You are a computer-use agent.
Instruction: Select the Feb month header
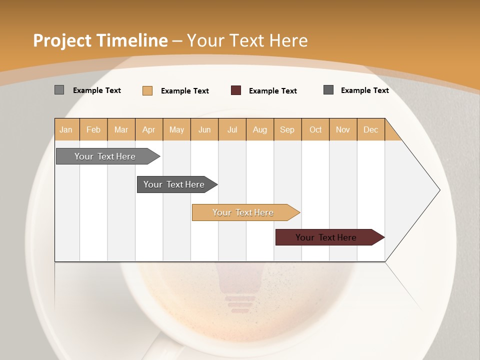click(93, 129)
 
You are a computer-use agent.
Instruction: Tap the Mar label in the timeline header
click(121, 129)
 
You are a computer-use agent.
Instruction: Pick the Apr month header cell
click(149, 129)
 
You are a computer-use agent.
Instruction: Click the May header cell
click(176, 129)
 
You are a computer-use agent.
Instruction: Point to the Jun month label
click(204, 129)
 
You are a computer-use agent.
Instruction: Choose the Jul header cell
click(232, 129)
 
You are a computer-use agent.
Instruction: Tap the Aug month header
click(260, 129)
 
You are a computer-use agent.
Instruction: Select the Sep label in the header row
click(287, 129)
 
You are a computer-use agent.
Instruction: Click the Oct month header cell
click(315, 129)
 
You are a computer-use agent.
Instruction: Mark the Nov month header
click(343, 129)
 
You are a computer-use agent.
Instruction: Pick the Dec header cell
click(371, 129)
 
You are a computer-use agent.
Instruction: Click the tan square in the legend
click(147, 90)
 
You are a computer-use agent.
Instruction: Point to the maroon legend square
click(236, 90)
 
